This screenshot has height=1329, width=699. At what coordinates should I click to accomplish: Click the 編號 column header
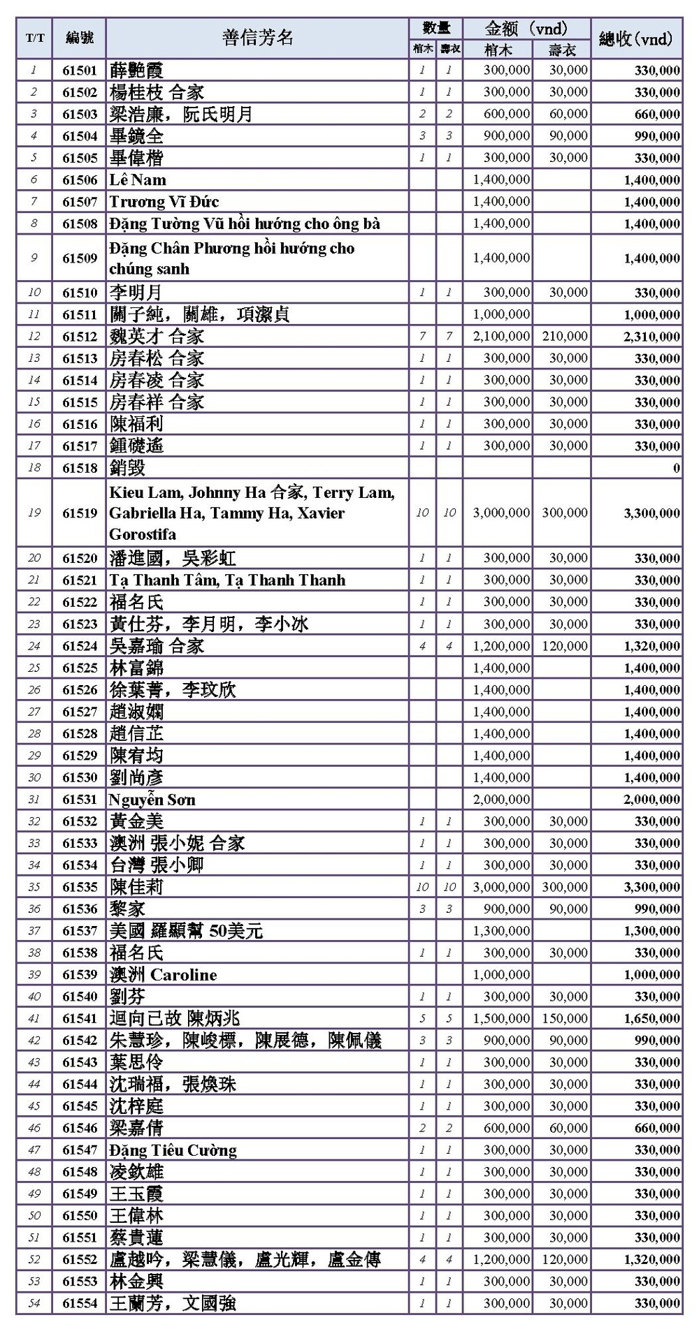tap(80, 38)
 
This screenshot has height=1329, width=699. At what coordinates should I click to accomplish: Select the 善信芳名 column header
tap(257, 38)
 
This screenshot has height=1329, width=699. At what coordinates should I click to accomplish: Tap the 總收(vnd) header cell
tap(636, 38)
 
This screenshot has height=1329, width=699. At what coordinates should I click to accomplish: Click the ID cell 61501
tap(80, 70)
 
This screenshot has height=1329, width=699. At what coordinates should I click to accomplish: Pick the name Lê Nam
tap(138, 179)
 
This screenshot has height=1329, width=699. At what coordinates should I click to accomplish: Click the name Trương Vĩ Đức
tap(164, 202)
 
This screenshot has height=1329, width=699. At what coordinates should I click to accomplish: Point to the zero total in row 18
tap(676, 468)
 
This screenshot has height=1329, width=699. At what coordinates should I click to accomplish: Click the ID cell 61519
tap(80, 513)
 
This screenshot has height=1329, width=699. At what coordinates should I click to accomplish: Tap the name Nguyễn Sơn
tap(152, 800)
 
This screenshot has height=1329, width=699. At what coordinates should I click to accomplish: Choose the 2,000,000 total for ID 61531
tap(651, 800)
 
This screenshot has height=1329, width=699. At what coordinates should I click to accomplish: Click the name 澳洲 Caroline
tap(163, 975)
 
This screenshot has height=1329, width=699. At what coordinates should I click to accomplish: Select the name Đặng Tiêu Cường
tap(173, 1150)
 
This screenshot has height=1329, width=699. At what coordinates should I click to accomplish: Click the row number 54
tap(34, 1303)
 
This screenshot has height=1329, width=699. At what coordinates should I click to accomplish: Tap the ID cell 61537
tap(80, 931)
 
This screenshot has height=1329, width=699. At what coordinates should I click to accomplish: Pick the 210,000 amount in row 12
tap(565, 337)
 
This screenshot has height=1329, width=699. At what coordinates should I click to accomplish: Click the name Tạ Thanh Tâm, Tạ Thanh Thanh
tap(227, 580)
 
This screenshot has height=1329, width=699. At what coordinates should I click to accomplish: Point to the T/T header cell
tap(34, 38)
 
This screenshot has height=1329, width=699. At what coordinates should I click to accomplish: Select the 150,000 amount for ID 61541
tap(565, 1019)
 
